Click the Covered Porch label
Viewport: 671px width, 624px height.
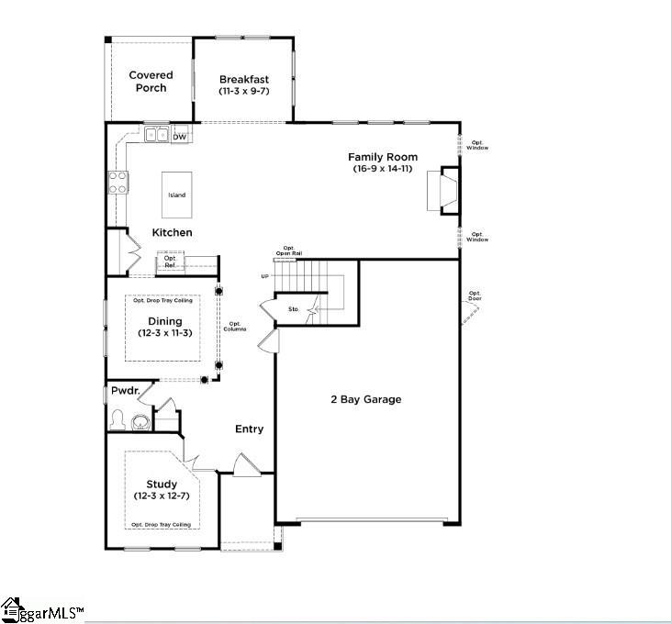(151, 82)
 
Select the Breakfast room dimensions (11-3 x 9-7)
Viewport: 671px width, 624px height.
(243, 92)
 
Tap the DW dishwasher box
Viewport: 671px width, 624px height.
(180, 137)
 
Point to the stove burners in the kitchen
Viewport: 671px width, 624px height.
(118, 183)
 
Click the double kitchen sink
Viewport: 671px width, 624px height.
(156, 136)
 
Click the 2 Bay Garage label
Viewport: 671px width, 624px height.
(366, 399)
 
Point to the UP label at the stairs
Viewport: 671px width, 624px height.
(265, 276)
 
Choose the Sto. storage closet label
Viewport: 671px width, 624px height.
(294, 309)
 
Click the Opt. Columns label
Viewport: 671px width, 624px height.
(235, 327)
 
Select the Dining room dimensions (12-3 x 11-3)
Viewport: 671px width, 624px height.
(160, 332)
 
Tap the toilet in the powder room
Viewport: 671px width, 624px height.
(117, 420)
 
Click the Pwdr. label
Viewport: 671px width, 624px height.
(124, 391)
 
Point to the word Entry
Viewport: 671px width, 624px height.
(249, 429)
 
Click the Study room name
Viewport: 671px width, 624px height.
(162, 485)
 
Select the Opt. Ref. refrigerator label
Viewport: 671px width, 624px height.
(170, 262)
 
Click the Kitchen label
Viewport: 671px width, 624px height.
(172, 232)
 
